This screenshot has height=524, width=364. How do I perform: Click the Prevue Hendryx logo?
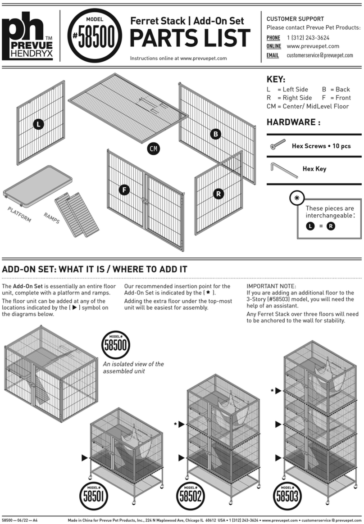point(27,36)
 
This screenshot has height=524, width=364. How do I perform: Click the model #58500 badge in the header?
point(95,36)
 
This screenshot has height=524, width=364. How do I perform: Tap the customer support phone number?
point(308,38)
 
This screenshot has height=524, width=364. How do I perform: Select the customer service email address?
point(319,55)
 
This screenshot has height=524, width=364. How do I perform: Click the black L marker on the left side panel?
point(38,124)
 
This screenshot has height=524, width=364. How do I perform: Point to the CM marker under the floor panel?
point(153,149)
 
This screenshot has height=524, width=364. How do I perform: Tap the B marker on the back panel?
point(215,134)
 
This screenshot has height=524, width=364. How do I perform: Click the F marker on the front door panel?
point(124,190)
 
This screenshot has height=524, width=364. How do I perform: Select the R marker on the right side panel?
point(218,194)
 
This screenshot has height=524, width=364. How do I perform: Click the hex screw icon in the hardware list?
point(278,145)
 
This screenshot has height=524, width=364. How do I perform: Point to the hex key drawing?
point(284,170)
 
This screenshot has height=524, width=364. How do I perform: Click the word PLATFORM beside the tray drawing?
point(19,214)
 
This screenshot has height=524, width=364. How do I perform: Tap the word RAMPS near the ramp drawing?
point(51,218)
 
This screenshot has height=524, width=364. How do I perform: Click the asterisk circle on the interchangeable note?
point(297,198)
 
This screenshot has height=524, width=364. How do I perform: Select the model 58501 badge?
point(93,496)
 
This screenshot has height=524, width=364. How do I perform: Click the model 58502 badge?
point(191,496)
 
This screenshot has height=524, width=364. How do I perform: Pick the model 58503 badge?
point(287,496)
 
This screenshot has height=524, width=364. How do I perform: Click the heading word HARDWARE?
point(291,122)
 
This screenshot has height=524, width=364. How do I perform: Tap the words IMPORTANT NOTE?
point(271,286)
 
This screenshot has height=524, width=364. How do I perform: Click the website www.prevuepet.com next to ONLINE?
point(313,46)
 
